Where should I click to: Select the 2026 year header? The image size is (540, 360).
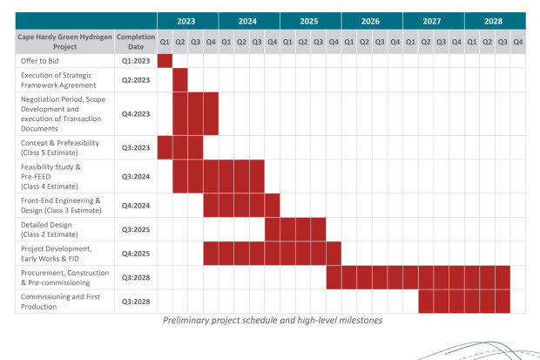coord(372,20)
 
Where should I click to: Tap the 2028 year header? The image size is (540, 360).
coord(495,20)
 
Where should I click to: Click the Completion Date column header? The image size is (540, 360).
coord(138,40)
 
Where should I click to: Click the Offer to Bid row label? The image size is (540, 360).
coord(41,61)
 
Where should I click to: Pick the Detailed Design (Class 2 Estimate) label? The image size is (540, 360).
coord(54,229)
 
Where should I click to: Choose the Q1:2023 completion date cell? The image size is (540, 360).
coord(138,61)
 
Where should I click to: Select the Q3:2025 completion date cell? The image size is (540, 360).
coord(138,229)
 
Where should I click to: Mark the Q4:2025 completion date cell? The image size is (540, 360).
coord(138,254)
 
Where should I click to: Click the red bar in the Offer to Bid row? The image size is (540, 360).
coord(165,61)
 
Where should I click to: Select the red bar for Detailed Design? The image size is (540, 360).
coord(295,229)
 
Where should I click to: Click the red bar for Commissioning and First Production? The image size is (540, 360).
coord(463,302)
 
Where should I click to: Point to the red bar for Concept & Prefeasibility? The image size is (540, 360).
coord(180,147)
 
